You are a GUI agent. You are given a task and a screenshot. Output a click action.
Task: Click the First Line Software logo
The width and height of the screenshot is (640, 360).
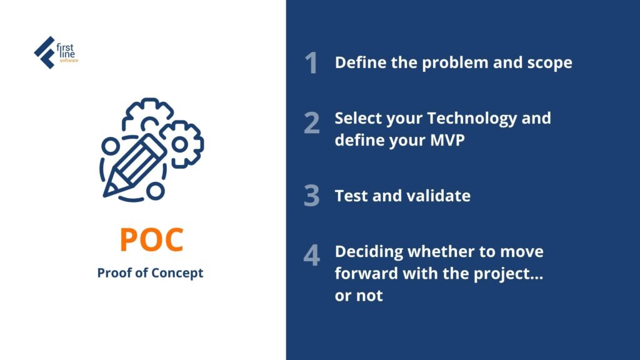56,52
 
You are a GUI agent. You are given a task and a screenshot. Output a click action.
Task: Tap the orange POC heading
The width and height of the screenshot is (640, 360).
151,239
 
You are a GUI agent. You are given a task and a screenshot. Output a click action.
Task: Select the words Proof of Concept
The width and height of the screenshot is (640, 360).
150,272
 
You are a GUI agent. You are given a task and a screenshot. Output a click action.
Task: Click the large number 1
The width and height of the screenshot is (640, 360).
311,63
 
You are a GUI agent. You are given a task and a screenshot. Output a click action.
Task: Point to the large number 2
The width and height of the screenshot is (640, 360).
312,123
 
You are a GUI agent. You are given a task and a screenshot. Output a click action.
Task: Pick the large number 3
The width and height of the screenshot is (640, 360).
312,195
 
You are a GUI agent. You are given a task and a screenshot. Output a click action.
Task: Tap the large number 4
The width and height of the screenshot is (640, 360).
312,255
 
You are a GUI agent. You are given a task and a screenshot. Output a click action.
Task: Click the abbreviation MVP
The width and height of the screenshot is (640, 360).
447,141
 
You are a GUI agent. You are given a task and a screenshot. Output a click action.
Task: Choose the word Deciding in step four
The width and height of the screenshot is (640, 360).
369,252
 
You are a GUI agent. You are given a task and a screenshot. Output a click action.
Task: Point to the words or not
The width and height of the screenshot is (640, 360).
359,296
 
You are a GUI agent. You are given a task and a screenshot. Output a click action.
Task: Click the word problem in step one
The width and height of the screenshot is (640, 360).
455,63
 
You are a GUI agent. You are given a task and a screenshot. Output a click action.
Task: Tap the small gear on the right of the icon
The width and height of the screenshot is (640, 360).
181,144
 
